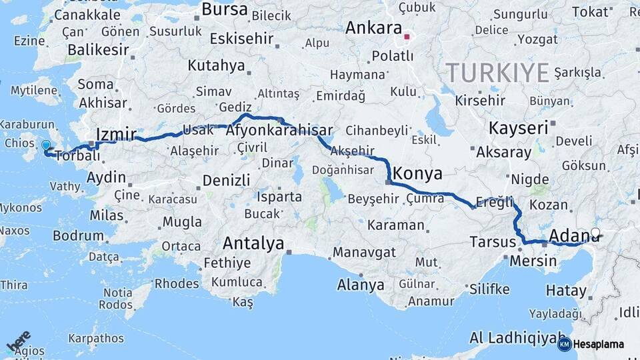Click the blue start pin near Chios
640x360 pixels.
pyautogui.click(x=46, y=145)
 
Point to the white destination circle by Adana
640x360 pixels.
pyautogui.click(x=595, y=233)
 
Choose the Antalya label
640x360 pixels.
pyautogui.click(x=253, y=243)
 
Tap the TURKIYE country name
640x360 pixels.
pyautogui.click(x=497, y=71)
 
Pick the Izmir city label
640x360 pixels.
pyautogui.click(x=116, y=135)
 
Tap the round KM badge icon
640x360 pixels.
pyautogui.click(x=564, y=344)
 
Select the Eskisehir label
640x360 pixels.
pyautogui.click(x=241, y=39)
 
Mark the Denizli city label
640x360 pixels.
pyautogui.click(x=226, y=180)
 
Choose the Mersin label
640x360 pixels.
pyautogui.click(x=533, y=261)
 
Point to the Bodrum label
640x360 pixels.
pyautogui.click(x=78, y=235)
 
